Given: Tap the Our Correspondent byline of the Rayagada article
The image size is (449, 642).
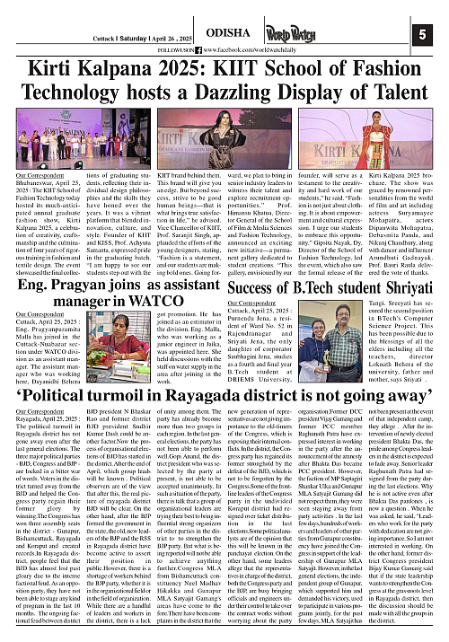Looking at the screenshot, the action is [x=40, y=410].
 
